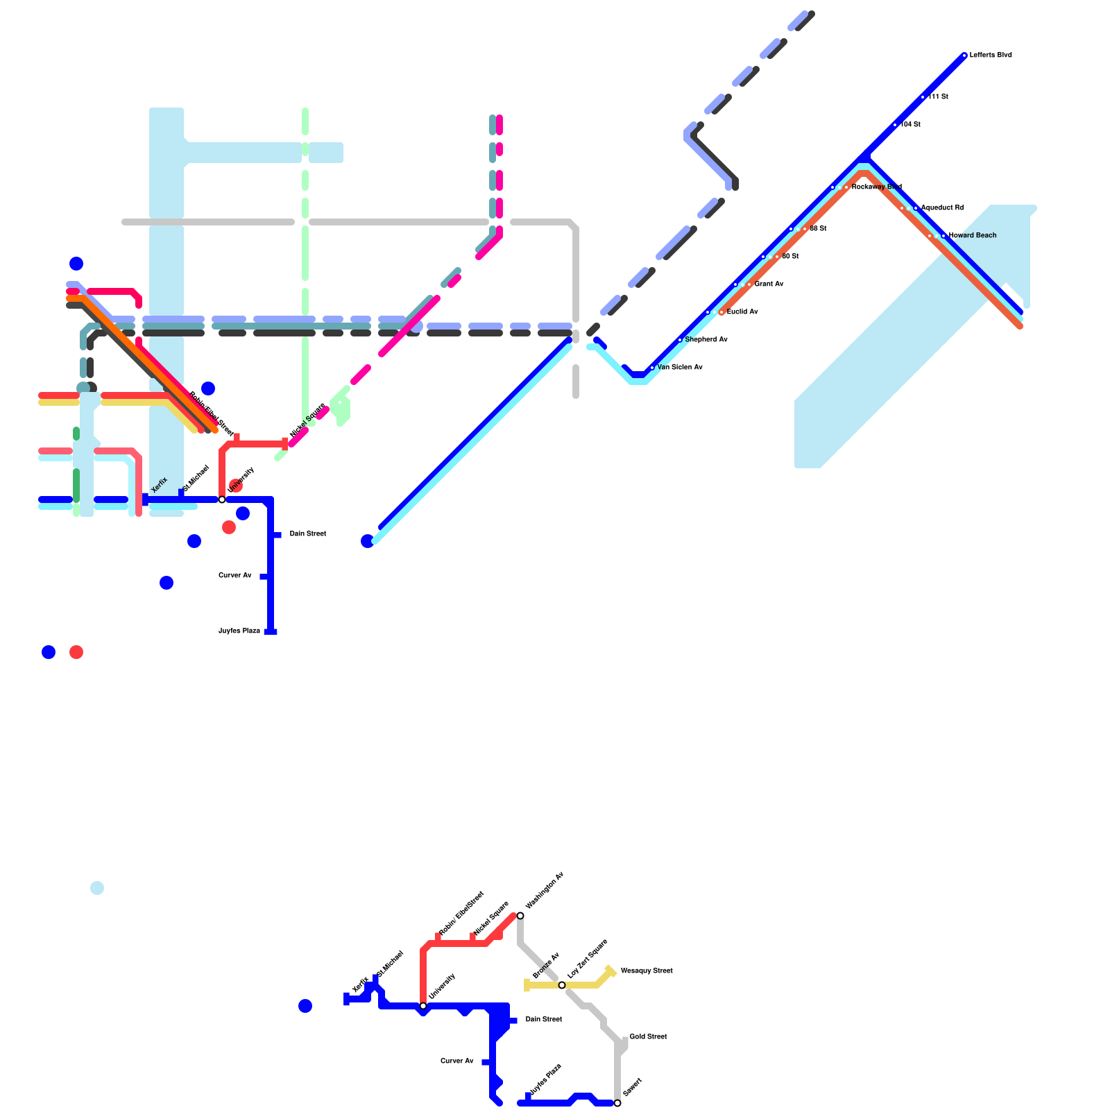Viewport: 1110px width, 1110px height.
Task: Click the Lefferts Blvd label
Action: click(991, 55)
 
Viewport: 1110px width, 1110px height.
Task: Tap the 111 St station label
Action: click(939, 97)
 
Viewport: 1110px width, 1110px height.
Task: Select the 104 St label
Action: click(911, 125)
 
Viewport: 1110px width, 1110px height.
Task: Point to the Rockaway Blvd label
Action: click(877, 187)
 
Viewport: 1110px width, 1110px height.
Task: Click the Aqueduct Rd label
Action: click(942, 208)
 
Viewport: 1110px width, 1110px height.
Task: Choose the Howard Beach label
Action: click(973, 236)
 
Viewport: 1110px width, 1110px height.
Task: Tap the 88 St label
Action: click(819, 229)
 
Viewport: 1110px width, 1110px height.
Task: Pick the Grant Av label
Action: click(769, 284)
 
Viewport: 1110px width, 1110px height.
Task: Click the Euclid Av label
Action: click(742, 312)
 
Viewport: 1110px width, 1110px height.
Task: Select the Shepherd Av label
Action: click(706, 340)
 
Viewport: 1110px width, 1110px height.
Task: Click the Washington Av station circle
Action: click(520, 916)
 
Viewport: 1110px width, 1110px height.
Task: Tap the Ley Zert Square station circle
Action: click(562, 985)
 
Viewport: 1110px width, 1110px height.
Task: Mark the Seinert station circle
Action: click(617, 1103)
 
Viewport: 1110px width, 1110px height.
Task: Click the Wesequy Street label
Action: click(647, 971)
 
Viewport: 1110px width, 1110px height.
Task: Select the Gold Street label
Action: click(648, 1037)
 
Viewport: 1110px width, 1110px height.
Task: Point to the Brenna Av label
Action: click(546, 966)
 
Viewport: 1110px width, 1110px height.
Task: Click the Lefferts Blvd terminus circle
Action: click(964, 55)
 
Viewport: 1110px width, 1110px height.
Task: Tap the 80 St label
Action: click(791, 257)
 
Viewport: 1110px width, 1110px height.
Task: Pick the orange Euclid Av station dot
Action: click(722, 312)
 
